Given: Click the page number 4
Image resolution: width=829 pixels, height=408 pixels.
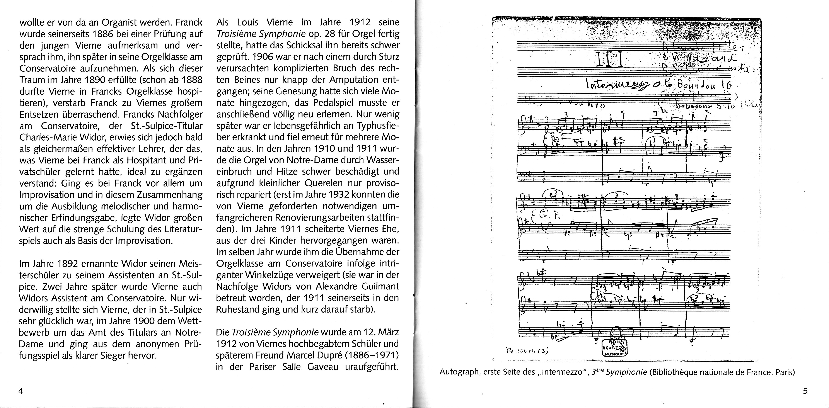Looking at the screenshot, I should coord(21,391).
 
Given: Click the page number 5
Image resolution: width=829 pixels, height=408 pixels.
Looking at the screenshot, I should coord(805,391).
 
